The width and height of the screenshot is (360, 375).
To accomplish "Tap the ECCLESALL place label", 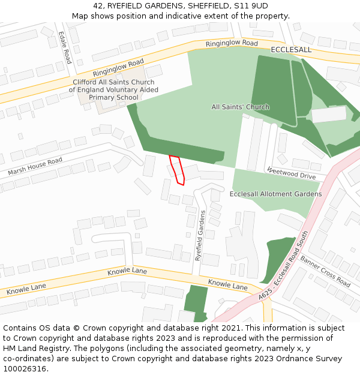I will (291, 50).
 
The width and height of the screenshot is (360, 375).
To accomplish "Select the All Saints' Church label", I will (240, 107).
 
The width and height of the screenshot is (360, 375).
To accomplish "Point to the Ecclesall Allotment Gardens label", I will (275, 194).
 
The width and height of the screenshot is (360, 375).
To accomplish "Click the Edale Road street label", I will (65, 48).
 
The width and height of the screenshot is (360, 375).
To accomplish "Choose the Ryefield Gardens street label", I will (200, 235).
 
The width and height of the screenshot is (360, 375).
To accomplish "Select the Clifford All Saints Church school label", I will (113, 90).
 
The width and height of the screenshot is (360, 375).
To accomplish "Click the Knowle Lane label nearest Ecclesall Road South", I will (227, 284).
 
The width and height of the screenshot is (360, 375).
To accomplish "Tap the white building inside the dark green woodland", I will (329, 114).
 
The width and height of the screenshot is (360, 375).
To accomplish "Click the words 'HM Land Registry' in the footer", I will (32, 349).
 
